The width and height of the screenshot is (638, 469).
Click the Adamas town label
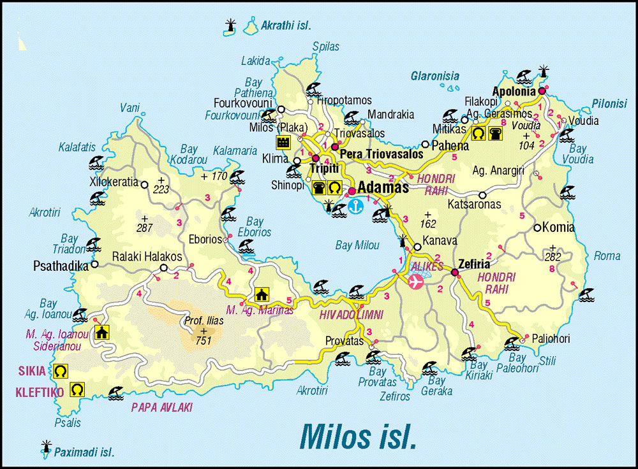[x=383, y=188]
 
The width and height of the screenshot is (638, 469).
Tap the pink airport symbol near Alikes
[x=416, y=282]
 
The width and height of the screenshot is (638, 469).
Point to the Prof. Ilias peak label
[x=204, y=321]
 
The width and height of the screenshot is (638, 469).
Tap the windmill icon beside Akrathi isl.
[x=230, y=26]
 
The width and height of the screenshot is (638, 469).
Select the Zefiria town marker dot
[x=455, y=273]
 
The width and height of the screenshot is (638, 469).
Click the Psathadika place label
[x=61, y=266]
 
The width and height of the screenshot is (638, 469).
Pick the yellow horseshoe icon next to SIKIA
[x=61, y=370]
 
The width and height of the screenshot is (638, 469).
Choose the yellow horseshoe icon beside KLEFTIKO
[x=77, y=388]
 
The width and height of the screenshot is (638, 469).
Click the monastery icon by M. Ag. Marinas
[x=261, y=294]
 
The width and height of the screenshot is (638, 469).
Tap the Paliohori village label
[x=549, y=339]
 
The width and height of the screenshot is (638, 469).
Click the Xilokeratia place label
[x=114, y=182]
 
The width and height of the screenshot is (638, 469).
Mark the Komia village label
[x=558, y=227]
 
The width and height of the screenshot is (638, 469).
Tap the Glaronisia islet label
[x=434, y=76]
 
